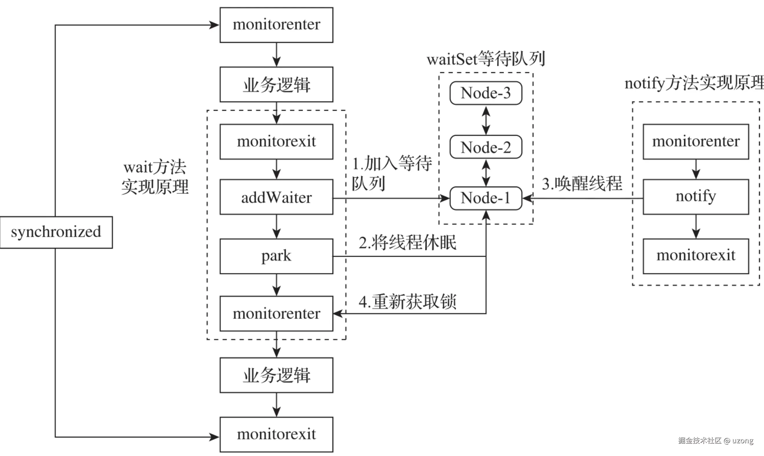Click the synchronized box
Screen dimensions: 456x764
pos(56,232)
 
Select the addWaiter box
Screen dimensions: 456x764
pos(276,197)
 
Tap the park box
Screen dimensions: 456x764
pos(276,256)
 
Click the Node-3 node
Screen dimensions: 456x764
pos(486,93)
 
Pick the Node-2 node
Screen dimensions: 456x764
pos(486,147)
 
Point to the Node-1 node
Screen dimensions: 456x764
pos(486,198)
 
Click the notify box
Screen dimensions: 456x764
pos(696,197)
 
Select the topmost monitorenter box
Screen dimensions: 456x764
pos(276,25)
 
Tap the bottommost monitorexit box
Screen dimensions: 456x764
pos(276,435)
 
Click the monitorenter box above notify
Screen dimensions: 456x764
pos(696,142)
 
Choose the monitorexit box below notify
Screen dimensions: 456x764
pos(696,256)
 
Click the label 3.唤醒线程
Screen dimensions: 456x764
pos(582,184)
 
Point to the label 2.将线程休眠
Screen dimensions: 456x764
pos(407,243)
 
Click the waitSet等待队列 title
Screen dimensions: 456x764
pos(486,59)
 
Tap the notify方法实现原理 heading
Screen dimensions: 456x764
pos(694,83)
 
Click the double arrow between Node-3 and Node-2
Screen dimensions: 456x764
pos(486,120)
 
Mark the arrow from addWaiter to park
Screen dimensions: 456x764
pos(277,227)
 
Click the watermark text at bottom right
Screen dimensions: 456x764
pos(716,441)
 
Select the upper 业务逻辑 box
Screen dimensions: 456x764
pos(276,85)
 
